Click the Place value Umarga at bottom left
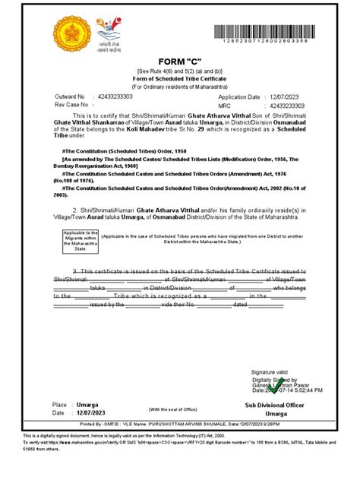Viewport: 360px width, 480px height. pyautogui.click(x=89, y=407)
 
